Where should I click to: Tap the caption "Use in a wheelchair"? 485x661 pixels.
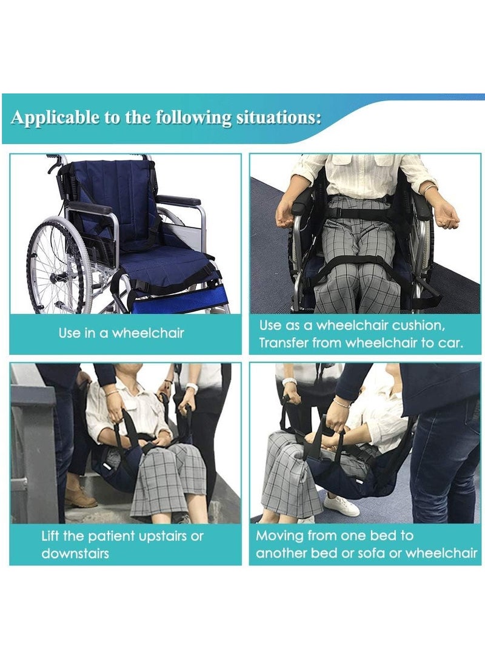pyautogui.click(x=121, y=333)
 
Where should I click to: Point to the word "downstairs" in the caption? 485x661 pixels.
pyautogui.click(x=75, y=553)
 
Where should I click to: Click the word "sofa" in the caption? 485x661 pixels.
pyautogui.click(x=377, y=553)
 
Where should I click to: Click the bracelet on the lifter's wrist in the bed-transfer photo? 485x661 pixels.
pyautogui.click(x=341, y=402)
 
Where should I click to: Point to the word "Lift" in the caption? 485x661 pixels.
pyautogui.click(x=52, y=536)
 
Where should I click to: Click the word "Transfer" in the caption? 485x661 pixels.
pyautogui.click(x=283, y=343)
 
